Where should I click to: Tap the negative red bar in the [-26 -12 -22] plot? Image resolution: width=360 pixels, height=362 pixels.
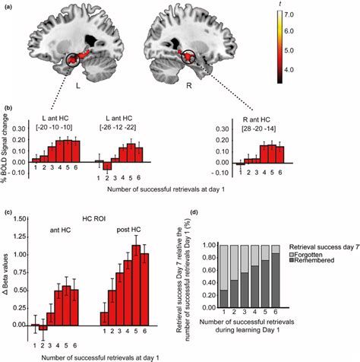[107, 165]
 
